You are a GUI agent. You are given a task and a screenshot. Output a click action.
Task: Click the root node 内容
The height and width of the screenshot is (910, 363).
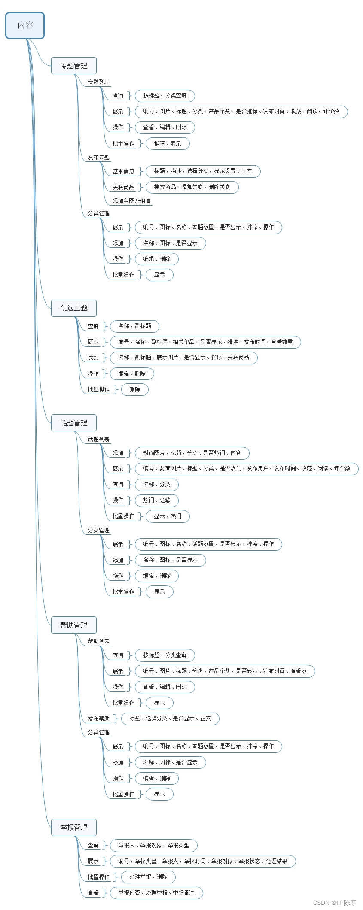click(25, 25)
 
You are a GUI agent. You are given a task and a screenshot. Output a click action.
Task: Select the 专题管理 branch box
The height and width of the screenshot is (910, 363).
click(74, 66)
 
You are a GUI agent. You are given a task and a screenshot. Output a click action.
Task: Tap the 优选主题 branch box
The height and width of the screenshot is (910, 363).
click(74, 308)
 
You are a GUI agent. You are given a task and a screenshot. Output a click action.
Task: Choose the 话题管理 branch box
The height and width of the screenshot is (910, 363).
click(74, 423)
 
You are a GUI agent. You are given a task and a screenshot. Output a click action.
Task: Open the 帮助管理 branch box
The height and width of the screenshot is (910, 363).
click(74, 625)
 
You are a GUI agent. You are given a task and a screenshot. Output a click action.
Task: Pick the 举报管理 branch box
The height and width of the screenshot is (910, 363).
click(74, 827)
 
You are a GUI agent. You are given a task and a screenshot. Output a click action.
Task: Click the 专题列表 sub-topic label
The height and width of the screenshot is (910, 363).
click(98, 82)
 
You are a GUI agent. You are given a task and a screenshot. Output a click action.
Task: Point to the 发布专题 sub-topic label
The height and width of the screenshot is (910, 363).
click(98, 157)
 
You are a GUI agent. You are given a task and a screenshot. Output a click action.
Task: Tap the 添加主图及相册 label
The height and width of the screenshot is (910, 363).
click(131, 201)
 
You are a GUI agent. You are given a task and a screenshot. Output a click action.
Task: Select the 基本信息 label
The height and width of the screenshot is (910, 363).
click(123, 171)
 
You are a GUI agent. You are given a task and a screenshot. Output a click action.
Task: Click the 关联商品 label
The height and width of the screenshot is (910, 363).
click(123, 187)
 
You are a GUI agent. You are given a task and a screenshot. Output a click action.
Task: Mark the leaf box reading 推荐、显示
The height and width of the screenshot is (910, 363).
click(168, 143)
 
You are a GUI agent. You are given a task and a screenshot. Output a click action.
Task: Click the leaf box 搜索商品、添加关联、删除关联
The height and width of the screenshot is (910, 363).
click(192, 187)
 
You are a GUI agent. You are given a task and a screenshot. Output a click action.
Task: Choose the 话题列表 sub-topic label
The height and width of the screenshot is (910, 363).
click(98, 439)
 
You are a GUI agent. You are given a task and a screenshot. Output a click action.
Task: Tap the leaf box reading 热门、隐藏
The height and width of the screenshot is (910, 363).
click(156, 500)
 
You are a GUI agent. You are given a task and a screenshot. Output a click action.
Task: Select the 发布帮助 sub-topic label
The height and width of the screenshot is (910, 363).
click(98, 719)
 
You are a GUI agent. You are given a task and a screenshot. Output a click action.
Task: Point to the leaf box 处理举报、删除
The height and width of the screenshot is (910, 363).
click(148, 877)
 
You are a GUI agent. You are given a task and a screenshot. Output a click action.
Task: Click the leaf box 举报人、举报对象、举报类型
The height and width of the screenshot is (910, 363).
click(154, 845)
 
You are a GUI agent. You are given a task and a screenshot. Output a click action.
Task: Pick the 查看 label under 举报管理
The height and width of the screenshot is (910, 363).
click(93, 893)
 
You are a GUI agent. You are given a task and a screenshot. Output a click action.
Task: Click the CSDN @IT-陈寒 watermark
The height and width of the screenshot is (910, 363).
click(335, 903)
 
